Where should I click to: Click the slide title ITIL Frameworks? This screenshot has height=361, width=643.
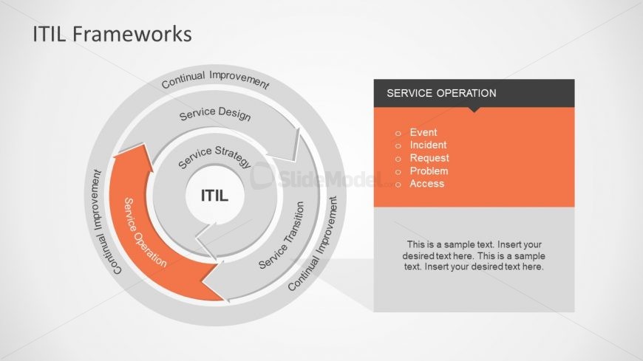pos(112,35)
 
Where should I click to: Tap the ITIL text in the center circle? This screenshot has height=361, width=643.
pos(215,196)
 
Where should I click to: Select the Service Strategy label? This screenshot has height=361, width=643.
pos(214,157)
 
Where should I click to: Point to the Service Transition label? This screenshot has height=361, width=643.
pos(282,235)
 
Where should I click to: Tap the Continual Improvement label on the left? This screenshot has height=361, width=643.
pos(105,221)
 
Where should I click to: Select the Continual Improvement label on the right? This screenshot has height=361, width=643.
pos(313,242)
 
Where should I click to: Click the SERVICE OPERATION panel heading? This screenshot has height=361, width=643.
pos(441,94)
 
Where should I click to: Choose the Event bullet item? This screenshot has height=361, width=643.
pos(423,133)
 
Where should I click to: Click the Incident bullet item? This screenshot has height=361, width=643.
pos(428,145)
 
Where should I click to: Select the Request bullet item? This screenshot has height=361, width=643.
pos(429,158)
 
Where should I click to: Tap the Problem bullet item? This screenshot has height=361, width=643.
pos(429,171)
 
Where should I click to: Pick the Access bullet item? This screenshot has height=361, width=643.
pos(427,184)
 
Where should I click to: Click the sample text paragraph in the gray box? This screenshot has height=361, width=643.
pos(474,255)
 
